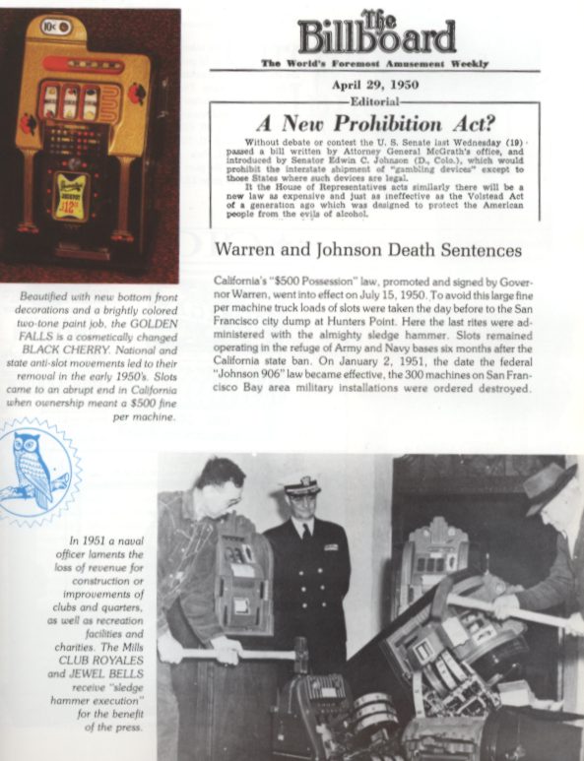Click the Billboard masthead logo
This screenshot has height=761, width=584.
pyautogui.click(x=376, y=33)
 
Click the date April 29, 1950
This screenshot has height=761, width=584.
pyautogui.click(x=374, y=86)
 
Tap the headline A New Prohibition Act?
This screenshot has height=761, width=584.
pyautogui.click(x=374, y=124)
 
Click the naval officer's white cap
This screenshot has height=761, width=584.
pyautogui.click(x=300, y=486)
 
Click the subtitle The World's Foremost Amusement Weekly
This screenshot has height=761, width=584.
pyautogui.click(x=374, y=63)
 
